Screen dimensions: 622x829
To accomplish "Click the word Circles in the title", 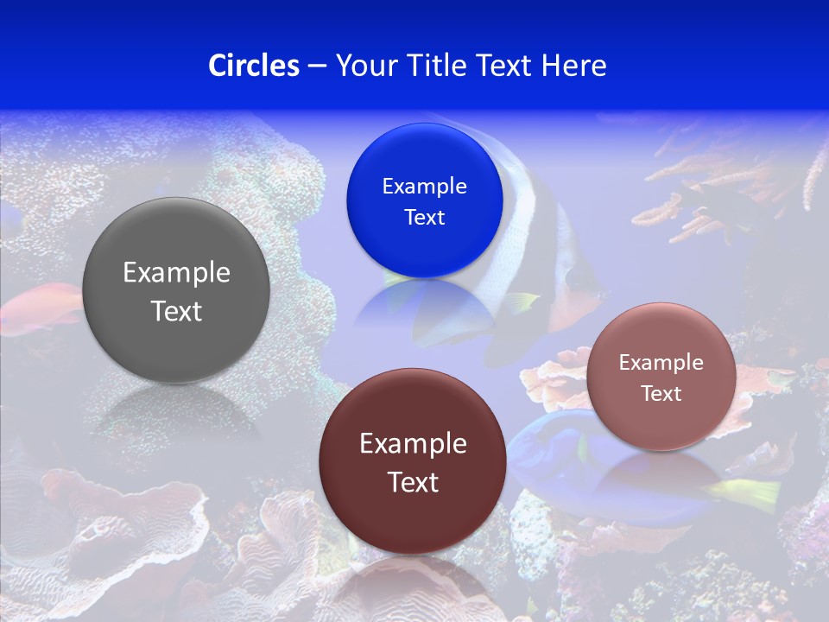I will coord(253,66).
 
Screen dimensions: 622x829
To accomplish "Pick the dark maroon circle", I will coord(413,518).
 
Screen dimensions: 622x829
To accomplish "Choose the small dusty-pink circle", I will coord(661,423).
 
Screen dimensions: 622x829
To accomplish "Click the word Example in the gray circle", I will coord(176,273).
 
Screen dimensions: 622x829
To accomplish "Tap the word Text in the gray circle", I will coord(176,311).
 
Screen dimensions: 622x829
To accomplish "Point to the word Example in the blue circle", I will coord(424,187).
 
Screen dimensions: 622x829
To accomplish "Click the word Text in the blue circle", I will coord(424,218).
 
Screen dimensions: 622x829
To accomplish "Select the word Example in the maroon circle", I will coord(413,444).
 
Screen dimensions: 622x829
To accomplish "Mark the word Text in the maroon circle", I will coord(413,482).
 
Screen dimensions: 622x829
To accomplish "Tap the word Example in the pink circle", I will coord(661,363).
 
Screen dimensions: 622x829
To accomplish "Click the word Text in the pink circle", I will coord(661,394).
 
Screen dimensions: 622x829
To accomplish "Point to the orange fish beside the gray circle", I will coord(39,309).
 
